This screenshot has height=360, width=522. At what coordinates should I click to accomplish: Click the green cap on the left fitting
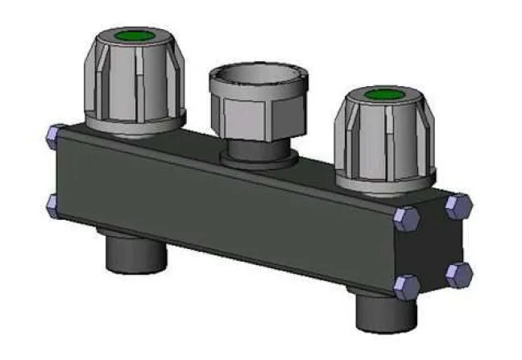[134, 36]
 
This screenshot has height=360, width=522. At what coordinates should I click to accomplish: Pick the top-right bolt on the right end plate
[460, 205]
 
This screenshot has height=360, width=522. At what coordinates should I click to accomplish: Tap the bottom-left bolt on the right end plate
[407, 285]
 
